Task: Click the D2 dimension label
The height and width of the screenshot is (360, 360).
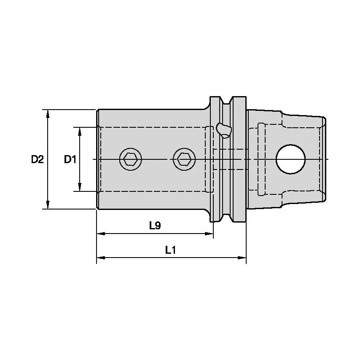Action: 37,159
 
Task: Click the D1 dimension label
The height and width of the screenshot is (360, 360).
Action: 70,159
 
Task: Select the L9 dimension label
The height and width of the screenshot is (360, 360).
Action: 155,226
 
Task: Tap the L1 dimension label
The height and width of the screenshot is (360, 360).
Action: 170,250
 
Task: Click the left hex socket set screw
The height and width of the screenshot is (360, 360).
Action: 130,159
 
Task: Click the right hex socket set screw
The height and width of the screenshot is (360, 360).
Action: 184,159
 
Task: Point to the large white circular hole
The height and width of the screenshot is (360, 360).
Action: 291,159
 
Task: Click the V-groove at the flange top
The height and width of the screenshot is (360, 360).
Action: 228,101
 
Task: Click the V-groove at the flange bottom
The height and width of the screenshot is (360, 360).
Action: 228,218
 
